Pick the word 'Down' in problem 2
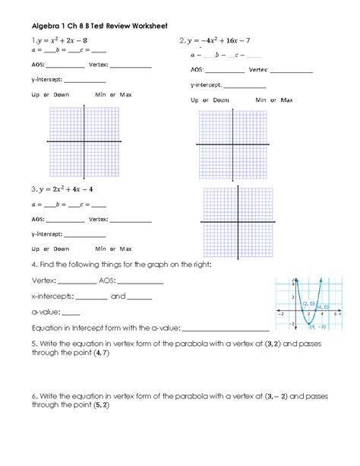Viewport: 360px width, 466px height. [220, 100]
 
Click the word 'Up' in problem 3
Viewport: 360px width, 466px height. [35, 249]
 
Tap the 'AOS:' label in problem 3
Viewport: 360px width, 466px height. [37, 220]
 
